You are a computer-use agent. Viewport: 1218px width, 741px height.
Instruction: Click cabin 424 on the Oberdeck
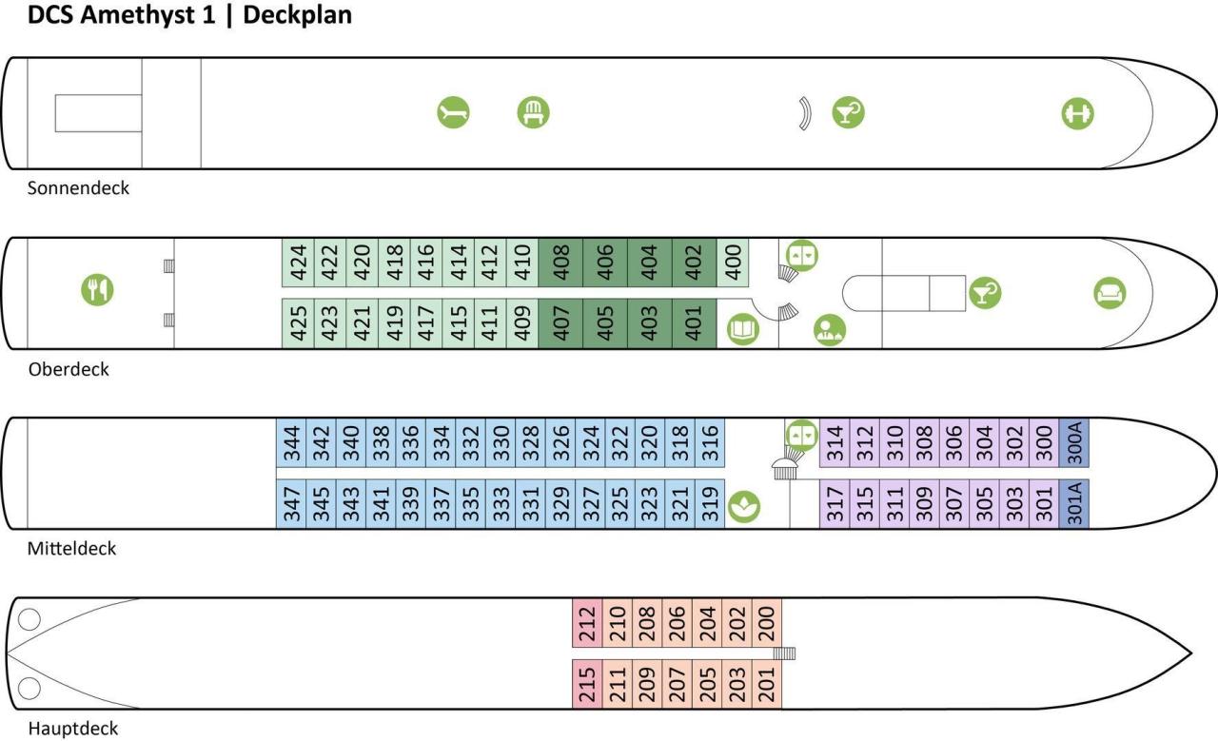click(x=299, y=263)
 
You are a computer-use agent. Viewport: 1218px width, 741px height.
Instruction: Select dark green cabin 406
click(x=605, y=263)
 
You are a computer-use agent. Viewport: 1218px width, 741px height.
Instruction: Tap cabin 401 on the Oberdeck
click(x=695, y=323)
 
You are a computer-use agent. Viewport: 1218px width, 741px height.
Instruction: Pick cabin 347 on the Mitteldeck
click(x=291, y=503)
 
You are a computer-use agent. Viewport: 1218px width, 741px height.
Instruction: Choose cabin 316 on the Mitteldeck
click(x=710, y=443)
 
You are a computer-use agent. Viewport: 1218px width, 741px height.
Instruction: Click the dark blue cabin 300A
click(x=1074, y=443)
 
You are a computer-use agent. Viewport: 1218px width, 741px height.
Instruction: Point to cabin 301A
click(x=1074, y=503)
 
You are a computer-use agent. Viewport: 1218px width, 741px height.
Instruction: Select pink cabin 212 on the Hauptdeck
click(x=587, y=624)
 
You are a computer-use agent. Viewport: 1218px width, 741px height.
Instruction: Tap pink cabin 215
click(x=587, y=684)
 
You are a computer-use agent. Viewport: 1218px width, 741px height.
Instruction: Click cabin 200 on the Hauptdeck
click(x=767, y=624)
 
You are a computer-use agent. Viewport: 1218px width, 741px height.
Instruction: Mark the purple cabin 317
click(x=835, y=503)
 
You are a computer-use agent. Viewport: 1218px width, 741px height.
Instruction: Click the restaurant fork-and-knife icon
click(x=97, y=289)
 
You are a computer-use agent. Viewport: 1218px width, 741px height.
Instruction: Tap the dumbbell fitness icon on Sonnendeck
click(x=1077, y=114)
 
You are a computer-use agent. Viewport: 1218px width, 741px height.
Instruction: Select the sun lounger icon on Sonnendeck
click(x=454, y=113)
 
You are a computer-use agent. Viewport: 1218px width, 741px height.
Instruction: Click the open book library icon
click(x=743, y=330)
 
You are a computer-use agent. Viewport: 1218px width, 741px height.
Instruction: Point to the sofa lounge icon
click(x=1110, y=292)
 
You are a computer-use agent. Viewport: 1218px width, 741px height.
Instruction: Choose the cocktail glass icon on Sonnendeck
click(x=847, y=113)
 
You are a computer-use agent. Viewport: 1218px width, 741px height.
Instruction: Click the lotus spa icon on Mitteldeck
click(x=744, y=506)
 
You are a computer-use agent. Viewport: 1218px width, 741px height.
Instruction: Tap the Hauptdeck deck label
click(x=73, y=729)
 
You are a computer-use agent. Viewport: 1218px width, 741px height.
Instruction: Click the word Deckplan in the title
click(x=298, y=16)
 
